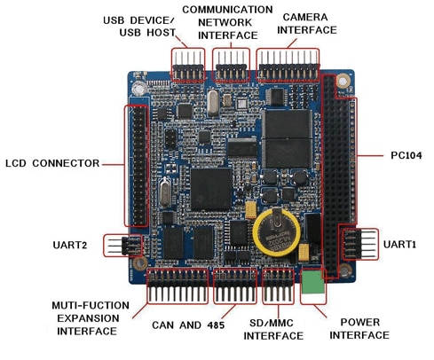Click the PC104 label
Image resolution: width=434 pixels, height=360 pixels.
(406, 155)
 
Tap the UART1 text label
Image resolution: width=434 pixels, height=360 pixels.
(399, 245)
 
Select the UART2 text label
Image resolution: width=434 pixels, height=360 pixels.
(70, 245)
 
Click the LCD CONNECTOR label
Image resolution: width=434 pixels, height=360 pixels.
(52, 163)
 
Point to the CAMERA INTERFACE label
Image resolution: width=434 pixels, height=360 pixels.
(307, 23)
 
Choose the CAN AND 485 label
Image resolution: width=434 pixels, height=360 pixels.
(188, 325)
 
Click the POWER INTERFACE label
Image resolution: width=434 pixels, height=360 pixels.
(359, 328)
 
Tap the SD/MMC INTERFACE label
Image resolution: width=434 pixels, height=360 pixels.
(273, 329)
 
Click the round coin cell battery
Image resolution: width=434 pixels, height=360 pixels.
(276, 231)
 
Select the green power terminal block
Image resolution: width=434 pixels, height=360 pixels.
(312, 281)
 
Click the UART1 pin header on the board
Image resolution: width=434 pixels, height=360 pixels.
(359, 244)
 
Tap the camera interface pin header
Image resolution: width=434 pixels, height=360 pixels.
(288, 67)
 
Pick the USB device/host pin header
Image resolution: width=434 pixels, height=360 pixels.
(188, 67)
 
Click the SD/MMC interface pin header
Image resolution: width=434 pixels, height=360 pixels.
(278, 287)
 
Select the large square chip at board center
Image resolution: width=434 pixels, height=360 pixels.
(211, 189)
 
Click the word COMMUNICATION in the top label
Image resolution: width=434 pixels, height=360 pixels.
(227, 10)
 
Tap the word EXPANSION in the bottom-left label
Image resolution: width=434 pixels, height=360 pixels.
(88, 318)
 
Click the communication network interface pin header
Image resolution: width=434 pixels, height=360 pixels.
(231, 67)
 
